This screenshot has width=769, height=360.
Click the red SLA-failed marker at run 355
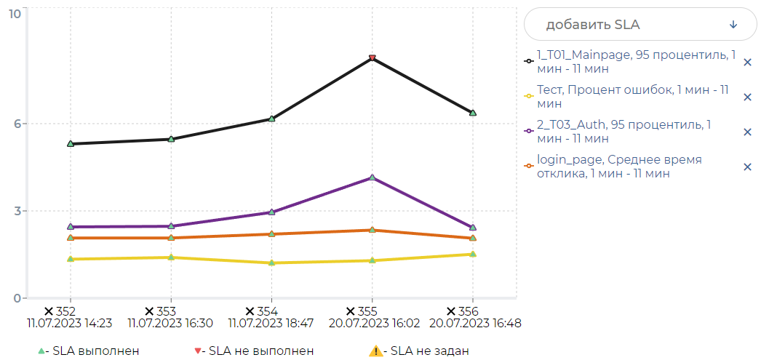click(372, 58)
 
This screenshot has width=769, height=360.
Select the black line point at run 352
click(71, 144)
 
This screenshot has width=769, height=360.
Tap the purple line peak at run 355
click(372, 177)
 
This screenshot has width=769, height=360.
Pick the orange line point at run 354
click(271, 234)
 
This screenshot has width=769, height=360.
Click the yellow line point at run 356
click(472, 254)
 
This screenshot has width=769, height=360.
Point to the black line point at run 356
click(472, 113)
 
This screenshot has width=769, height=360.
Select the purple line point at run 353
click(171, 226)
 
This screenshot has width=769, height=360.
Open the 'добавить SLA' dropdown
click(640, 24)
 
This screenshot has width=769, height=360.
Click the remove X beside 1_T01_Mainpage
click(746, 63)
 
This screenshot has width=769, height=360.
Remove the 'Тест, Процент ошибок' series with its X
click(746, 97)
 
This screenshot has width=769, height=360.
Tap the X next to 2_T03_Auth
click(746, 132)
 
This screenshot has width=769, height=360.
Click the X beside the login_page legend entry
click(746, 167)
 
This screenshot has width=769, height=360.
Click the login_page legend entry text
click(618, 167)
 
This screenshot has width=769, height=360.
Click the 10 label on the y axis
click(14, 13)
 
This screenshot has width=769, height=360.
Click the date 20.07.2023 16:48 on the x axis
click(474, 323)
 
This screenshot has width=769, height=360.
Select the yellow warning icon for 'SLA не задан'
click(375, 351)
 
